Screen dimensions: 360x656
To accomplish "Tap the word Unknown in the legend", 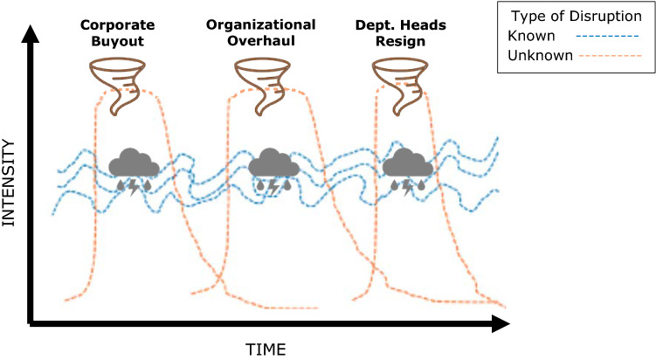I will pos(538,55).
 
